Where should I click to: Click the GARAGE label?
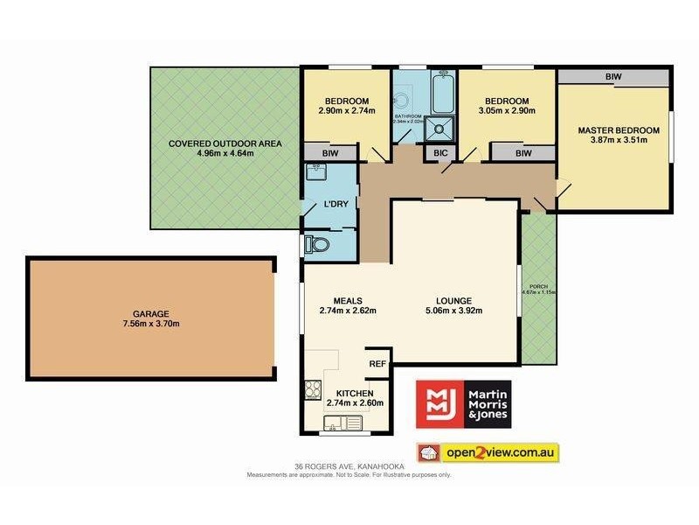pyautogui.click(x=152, y=313)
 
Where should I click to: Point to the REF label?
pyautogui.click(x=377, y=363)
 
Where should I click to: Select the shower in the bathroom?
pyautogui.click(x=440, y=128)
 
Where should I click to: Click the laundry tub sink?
pyautogui.click(x=315, y=172)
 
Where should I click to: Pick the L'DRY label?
pyautogui.click(x=336, y=204)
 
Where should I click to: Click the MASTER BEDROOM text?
pyautogui.click(x=619, y=130)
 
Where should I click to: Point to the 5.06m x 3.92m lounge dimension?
pyautogui.click(x=453, y=310)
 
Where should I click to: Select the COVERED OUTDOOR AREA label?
pyautogui.click(x=212, y=143)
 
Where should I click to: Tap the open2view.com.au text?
pyautogui.click(x=499, y=453)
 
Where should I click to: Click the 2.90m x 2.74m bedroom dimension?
pyautogui.click(x=346, y=111)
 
